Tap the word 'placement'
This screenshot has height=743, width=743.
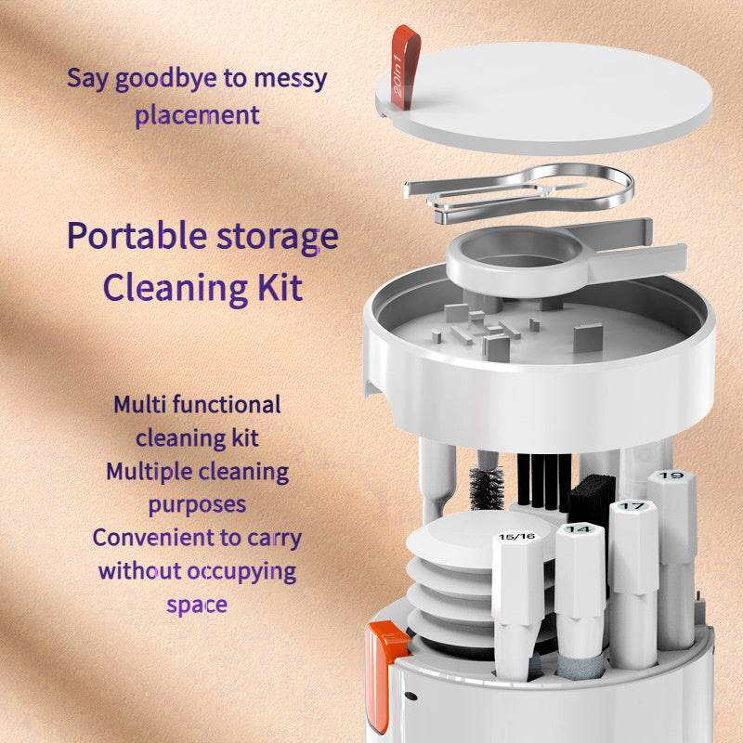tap(197, 115)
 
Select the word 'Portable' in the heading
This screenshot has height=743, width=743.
tap(137, 236)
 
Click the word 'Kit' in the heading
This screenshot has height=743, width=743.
tap(280, 287)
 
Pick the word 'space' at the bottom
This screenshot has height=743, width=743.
tap(197, 606)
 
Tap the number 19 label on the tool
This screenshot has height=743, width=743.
tap(671, 475)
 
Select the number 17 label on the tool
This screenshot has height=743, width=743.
tap(632, 506)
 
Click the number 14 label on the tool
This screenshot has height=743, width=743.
tap(579, 528)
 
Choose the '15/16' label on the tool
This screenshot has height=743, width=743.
tap(516, 537)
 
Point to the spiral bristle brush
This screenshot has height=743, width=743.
tap(486, 489)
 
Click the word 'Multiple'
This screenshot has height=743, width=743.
tap(150, 472)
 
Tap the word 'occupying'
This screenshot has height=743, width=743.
tap(241, 572)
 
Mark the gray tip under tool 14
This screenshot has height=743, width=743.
tap(579, 666)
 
